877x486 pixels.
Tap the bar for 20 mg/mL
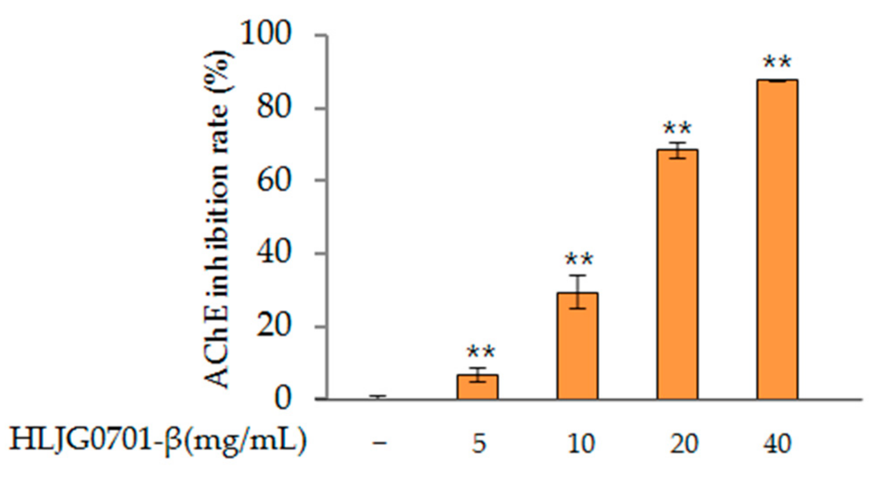[x=677, y=274]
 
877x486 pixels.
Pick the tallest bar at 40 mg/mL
[x=777, y=239]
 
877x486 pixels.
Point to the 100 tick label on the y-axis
[x=266, y=34]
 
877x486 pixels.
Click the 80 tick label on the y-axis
[x=274, y=107]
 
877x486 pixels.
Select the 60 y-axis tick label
[x=274, y=180]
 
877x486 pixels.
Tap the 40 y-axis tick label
[x=274, y=253]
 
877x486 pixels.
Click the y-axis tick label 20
[x=274, y=326]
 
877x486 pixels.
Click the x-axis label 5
[x=479, y=444]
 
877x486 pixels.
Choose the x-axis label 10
[x=581, y=444]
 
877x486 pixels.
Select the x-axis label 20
[x=684, y=444]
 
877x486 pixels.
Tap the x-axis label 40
[x=777, y=444]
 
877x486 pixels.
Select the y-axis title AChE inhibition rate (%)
[x=218, y=220]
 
